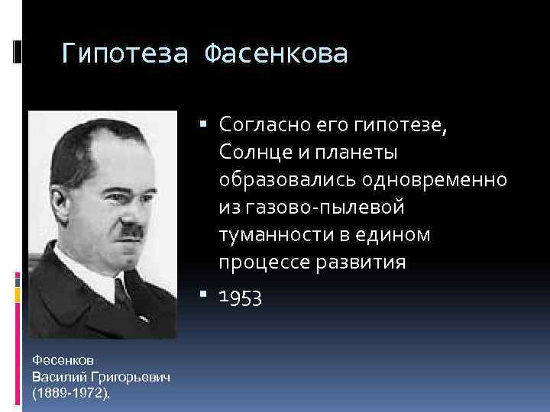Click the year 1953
point(240,298)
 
